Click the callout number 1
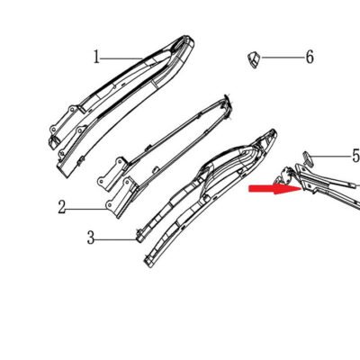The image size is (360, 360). (x=96, y=57)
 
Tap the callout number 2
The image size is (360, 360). (x=62, y=207)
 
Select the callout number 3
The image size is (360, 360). (x=91, y=238)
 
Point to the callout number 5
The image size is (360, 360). (x=356, y=156)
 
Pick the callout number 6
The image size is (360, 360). (x=310, y=57)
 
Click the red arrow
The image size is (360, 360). (x=275, y=189)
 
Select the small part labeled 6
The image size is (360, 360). (x=254, y=59)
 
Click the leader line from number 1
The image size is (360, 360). (x=121, y=58)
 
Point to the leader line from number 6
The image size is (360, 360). (x=283, y=57)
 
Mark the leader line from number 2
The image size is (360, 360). (x=87, y=209)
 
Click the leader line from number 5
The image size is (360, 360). (x=331, y=157)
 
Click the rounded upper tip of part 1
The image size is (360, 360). (x=190, y=38)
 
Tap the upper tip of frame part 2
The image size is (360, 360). (x=227, y=96)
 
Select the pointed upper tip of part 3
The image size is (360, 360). (x=273, y=130)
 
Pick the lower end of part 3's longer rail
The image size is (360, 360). (x=147, y=263)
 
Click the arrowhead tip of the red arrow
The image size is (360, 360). (x=301, y=188)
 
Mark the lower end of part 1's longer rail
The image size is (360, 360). (x=66, y=174)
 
